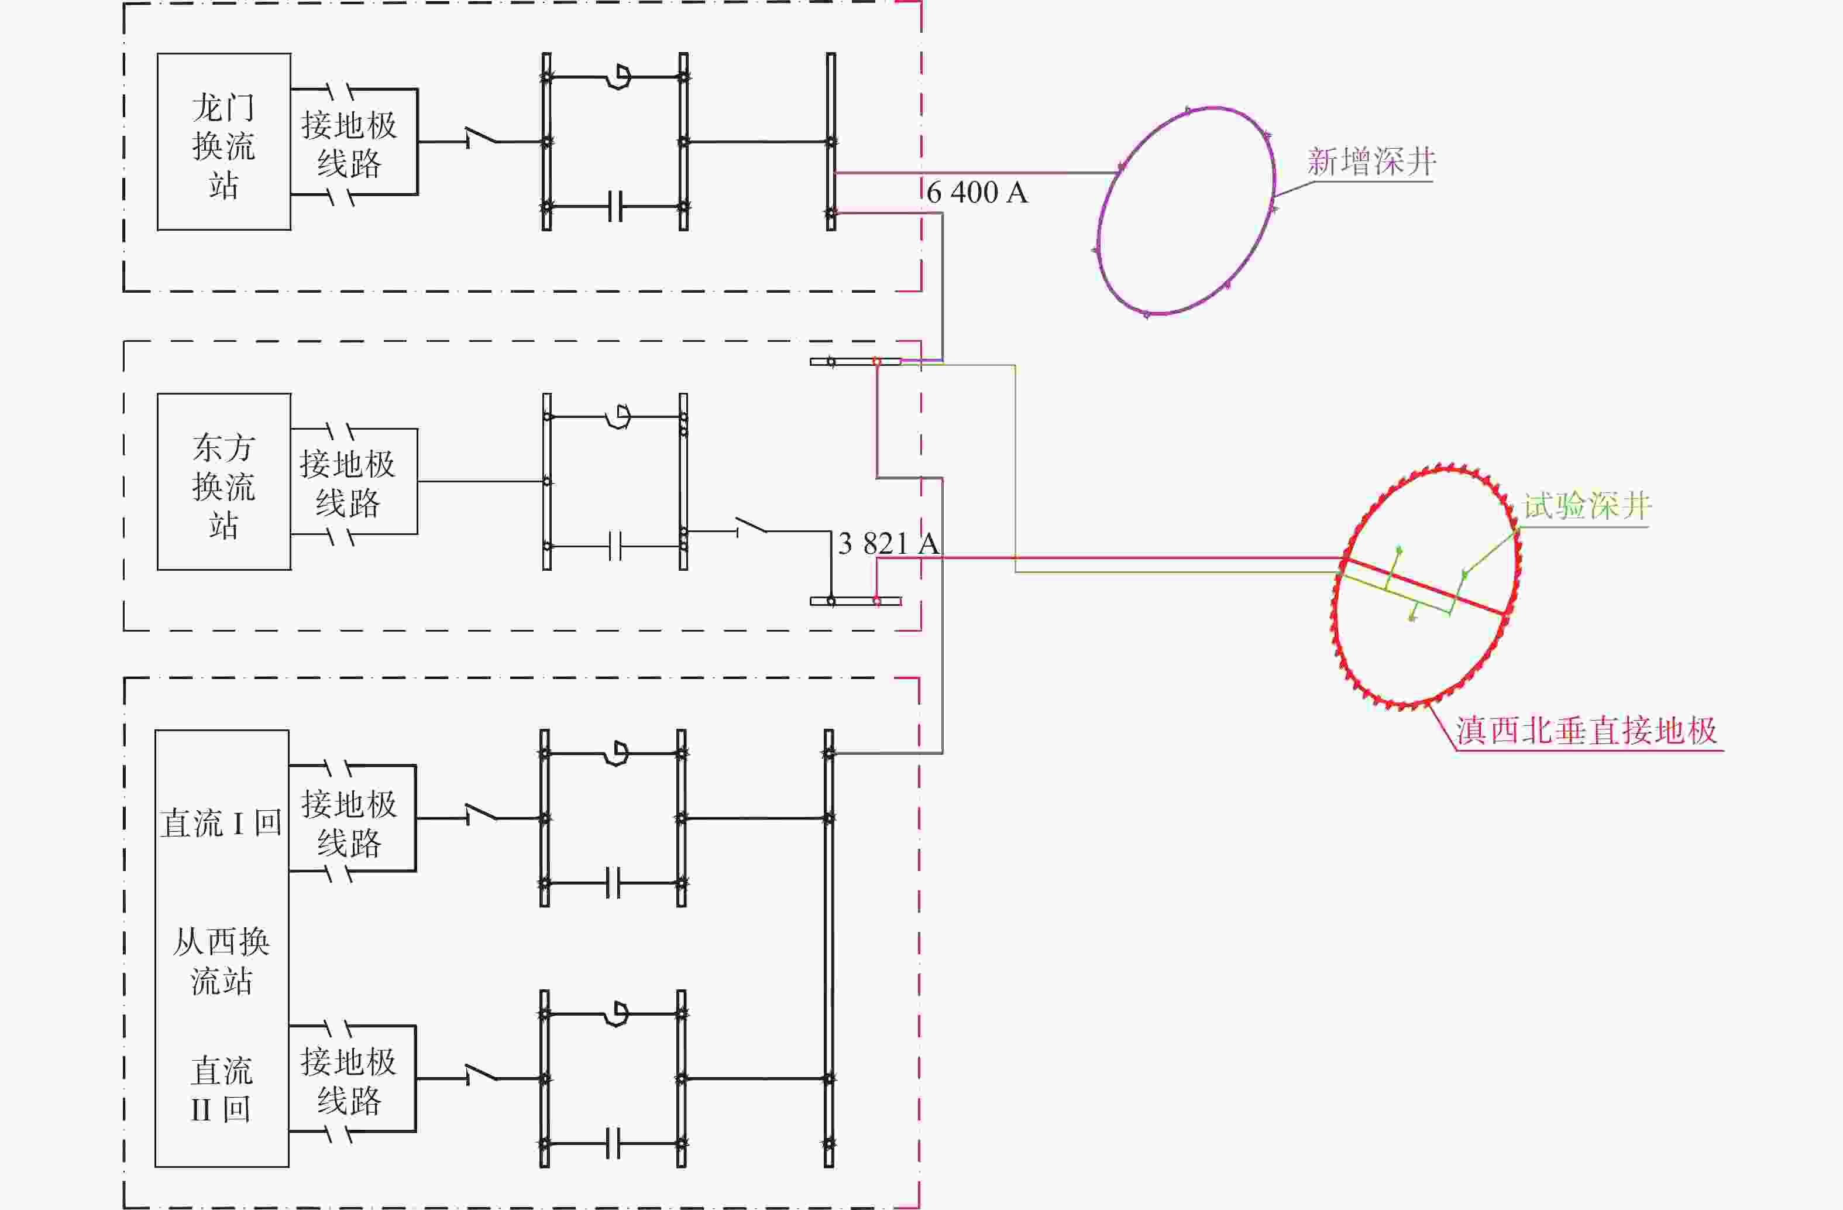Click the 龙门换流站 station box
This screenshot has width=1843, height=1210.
(224, 142)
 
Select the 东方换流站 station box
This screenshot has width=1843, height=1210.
(224, 482)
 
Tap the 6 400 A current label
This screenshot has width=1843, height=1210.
(977, 192)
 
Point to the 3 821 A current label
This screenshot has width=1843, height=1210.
(889, 543)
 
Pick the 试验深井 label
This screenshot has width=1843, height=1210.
(1587, 506)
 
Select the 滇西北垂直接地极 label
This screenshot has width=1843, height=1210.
(1586, 731)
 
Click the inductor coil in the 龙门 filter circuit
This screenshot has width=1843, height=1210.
(619, 77)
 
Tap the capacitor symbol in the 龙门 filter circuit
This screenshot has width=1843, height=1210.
(615, 207)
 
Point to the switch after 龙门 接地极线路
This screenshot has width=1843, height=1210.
(481, 137)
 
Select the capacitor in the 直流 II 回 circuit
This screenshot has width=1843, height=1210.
(613, 1143)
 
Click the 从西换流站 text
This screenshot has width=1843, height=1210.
(222, 961)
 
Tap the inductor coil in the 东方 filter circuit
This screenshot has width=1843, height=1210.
(619, 417)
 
